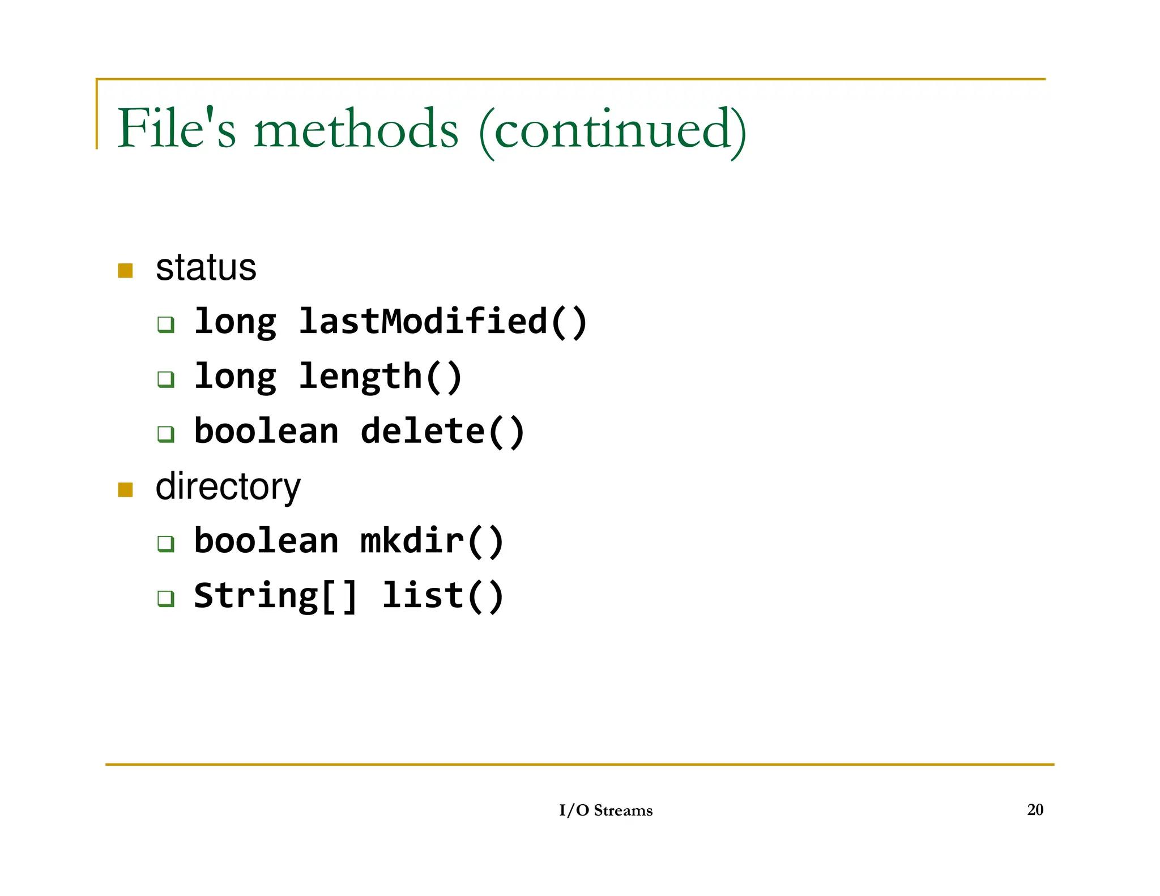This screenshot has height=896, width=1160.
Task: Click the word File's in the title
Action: (x=176, y=129)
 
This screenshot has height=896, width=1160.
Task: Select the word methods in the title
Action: (x=356, y=129)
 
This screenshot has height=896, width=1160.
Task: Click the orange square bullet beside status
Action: (x=125, y=270)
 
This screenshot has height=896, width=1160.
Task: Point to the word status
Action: (x=206, y=268)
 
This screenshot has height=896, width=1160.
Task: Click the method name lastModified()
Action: (x=443, y=322)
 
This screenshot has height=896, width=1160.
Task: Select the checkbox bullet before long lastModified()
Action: (x=166, y=325)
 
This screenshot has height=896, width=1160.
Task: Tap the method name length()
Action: (x=381, y=377)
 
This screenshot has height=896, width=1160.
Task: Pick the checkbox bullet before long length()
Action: (x=166, y=379)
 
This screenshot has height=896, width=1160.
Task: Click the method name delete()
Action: (x=443, y=432)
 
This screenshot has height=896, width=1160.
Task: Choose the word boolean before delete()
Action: (x=266, y=432)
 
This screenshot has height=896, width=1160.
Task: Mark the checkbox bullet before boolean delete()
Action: (x=166, y=434)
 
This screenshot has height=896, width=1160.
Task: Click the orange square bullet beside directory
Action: (x=125, y=489)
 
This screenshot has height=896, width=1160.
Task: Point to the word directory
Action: (x=228, y=487)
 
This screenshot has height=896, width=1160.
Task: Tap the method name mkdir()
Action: (x=432, y=541)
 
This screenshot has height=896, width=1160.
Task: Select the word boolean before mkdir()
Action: (x=266, y=541)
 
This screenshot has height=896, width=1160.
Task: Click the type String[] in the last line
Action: (x=276, y=596)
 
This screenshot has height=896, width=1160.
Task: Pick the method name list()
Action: (x=443, y=596)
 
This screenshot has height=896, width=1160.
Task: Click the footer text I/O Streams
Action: (x=605, y=810)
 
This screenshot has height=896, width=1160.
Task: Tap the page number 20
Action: (x=1035, y=810)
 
